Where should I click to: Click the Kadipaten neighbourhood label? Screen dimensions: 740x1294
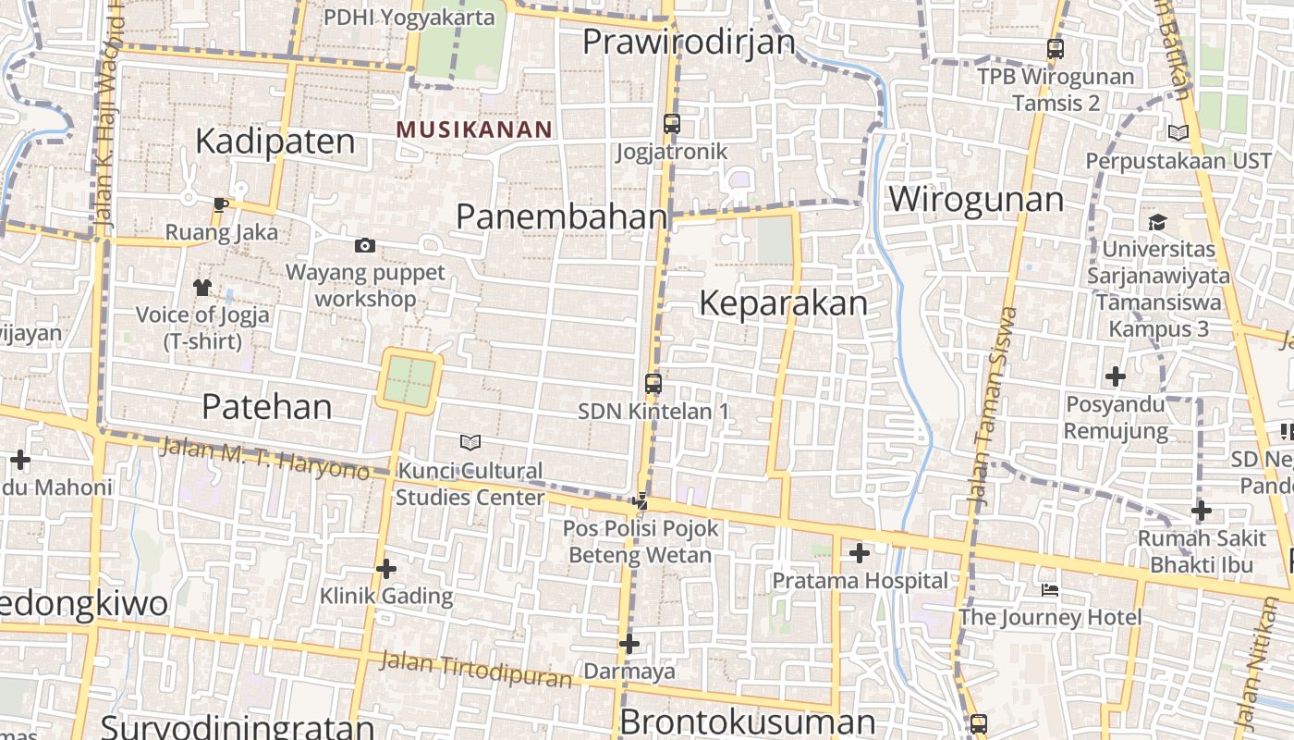tap(275, 142)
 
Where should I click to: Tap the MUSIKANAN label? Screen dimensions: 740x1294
tap(474, 129)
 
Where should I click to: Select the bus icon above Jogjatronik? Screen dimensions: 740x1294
tap(672, 123)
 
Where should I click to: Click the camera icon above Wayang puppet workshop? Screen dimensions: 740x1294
tap(365, 245)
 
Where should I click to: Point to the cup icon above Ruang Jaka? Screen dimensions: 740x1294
tap(220, 204)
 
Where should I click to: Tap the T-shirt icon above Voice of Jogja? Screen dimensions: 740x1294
tap(202, 287)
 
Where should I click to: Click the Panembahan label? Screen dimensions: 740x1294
tap(561, 216)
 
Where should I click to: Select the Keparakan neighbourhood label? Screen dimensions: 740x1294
tap(783, 303)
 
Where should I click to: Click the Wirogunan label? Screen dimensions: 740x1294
tap(976, 199)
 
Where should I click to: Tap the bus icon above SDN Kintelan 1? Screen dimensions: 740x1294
tap(653, 383)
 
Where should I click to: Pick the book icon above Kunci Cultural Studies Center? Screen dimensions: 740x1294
tap(470, 442)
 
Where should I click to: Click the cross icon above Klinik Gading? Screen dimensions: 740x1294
tap(386, 569)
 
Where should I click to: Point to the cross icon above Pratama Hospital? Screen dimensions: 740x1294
tap(860, 553)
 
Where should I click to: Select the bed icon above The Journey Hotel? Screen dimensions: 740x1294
tap(1050, 589)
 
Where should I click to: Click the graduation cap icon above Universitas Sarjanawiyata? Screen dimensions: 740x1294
tap(1157, 222)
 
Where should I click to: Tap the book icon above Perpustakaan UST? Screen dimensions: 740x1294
tap(1178, 133)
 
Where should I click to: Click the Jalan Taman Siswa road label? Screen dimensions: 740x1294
tap(993, 405)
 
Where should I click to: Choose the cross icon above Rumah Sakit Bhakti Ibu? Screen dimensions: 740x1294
tap(1201, 511)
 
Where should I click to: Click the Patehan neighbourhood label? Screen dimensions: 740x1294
tap(266, 407)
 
